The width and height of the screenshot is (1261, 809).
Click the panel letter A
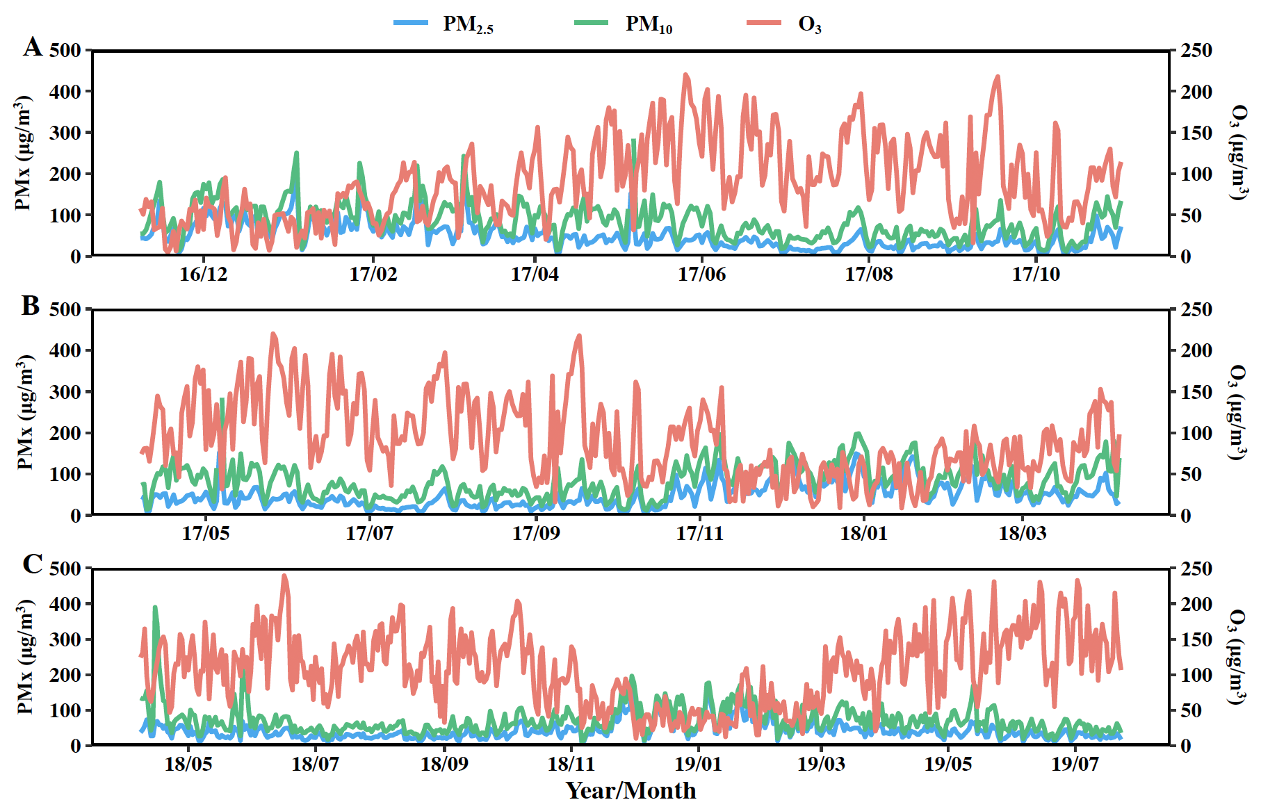coord(32,47)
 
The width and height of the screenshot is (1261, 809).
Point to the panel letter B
coord(31,306)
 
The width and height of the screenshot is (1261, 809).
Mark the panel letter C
coord(32,564)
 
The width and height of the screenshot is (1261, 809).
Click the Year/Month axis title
coord(630,790)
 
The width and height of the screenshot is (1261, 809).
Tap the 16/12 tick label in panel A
coord(203,274)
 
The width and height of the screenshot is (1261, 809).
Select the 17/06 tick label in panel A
coord(701,274)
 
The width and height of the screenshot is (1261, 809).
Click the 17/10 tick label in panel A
coord(1036,274)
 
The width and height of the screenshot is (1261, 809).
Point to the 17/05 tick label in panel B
coord(206,533)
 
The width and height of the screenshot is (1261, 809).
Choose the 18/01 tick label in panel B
coord(863,533)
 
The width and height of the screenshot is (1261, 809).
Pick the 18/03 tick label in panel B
coord(1022,533)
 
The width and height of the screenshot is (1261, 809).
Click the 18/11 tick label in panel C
coord(571,764)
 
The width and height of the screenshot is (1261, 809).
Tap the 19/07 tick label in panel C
coord(1075,764)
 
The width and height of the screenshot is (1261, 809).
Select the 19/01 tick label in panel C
coord(698,764)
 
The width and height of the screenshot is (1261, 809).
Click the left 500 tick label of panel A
coord(65,51)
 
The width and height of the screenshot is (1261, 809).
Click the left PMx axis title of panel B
coord(25,411)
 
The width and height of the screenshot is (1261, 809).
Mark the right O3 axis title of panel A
coord(1237,153)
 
